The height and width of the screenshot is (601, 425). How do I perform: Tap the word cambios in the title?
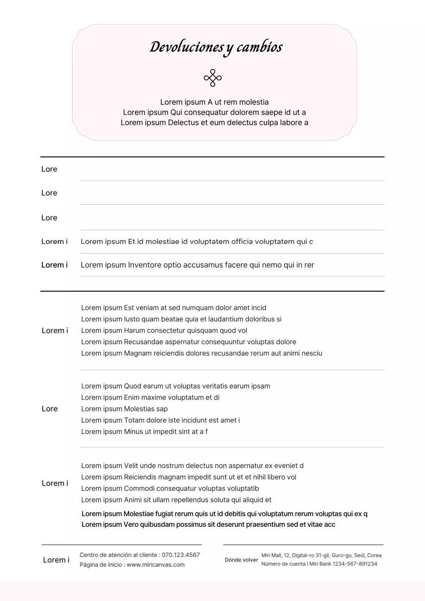click(259, 47)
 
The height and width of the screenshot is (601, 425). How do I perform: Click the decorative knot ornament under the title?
click(213, 78)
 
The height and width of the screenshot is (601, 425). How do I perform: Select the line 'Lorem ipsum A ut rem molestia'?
click(214, 102)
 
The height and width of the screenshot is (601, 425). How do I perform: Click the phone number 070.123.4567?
click(181, 555)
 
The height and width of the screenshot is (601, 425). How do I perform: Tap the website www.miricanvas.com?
click(155, 565)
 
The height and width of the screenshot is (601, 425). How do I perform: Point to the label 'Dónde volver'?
click(241, 560)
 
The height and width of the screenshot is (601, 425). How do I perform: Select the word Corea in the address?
click(374, 555)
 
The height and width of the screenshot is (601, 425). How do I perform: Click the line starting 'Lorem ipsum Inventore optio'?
click(197, 265)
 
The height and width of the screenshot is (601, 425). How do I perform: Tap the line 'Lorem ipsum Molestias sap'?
click(124, 409)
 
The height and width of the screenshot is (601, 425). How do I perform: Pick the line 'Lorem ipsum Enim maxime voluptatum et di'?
click(150, 398)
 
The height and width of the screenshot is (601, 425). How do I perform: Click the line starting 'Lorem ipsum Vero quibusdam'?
click(209, 524)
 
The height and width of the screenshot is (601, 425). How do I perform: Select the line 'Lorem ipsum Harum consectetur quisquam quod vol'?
click(164, 331)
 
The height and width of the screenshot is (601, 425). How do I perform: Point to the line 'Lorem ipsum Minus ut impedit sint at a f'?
click(144, 431)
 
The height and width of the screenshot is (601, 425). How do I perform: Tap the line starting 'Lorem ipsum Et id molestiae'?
click(197, 242)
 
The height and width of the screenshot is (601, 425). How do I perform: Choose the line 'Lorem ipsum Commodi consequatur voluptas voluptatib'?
click(170, 488)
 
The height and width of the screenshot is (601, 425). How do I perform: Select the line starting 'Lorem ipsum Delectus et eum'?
click(214, 123)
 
